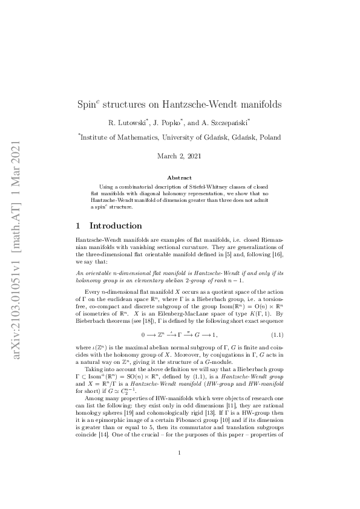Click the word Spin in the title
coord(90,105)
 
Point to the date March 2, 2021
coord(180,157)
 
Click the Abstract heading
coord(180,178)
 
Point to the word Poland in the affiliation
coord(269,138)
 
